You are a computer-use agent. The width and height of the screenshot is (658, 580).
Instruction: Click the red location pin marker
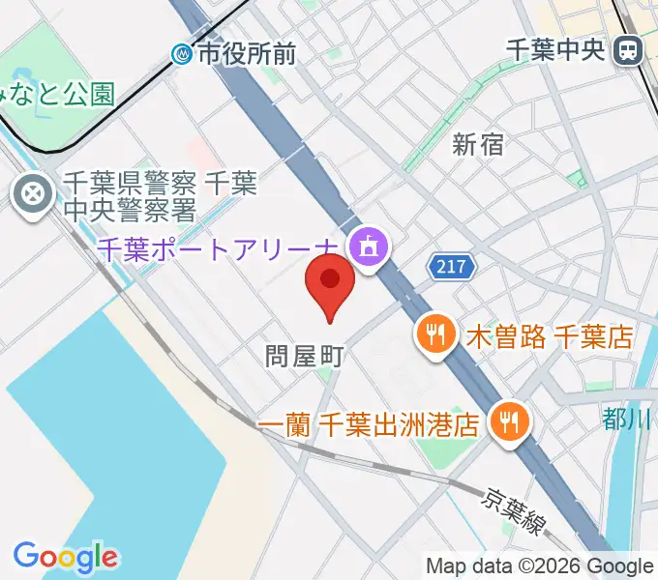pos(329,282)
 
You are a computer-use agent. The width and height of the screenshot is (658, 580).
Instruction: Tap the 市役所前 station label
pos(247,54)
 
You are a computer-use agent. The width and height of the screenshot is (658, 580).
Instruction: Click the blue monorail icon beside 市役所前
pos(182,54)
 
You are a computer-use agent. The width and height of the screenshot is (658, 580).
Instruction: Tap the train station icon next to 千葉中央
pos(630,49)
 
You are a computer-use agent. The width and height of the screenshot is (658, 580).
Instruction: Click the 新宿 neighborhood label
pos(478,145)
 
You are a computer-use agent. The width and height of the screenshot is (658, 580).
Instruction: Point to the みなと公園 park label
pos(58,93)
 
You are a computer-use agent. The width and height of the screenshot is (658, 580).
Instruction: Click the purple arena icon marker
pos(368,249)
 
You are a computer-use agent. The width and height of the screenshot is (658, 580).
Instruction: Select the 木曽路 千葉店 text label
pos(549,336)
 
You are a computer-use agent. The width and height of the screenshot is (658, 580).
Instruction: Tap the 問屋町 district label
pos(305,356)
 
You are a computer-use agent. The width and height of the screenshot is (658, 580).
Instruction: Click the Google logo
pos(65,556)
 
